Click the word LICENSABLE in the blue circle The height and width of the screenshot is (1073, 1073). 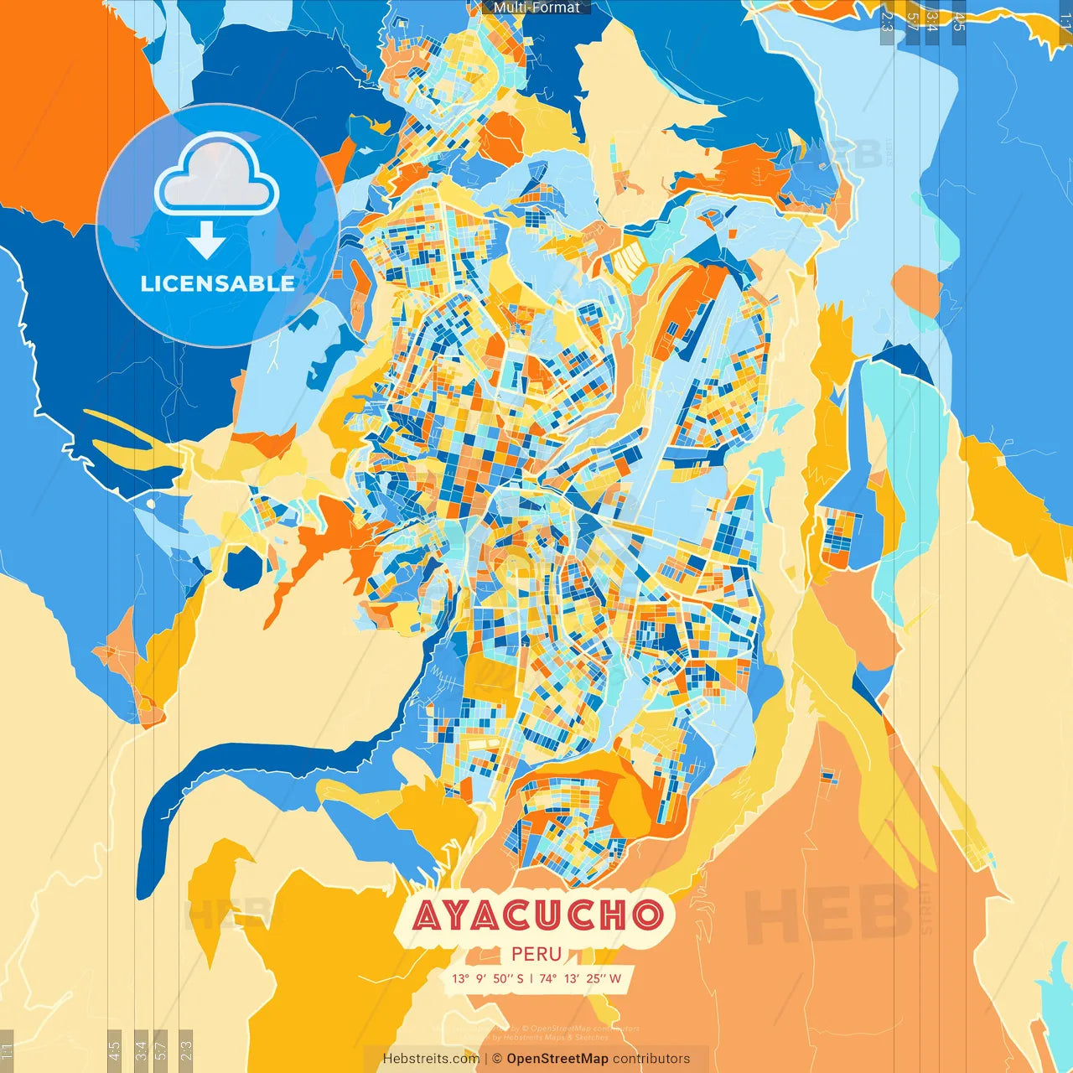tap(217, 283)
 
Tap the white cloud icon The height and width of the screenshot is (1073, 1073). tap(217, 175)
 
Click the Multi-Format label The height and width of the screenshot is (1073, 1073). tap(536, 8)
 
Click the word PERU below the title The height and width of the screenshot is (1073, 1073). tap(536, 954)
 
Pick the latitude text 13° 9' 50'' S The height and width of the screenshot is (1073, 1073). tap(487, 978)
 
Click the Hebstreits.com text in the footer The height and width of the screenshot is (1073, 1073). tap(431, 1059)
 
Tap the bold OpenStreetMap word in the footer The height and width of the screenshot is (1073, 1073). tap(557, 1059)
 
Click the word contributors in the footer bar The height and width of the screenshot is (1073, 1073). tap(651, 1059)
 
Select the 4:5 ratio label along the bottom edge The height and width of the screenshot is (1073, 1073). tap(114, 1050)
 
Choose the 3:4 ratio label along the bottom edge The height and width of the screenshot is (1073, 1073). tap(141, 1050)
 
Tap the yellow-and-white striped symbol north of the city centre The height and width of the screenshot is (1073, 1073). tap(630, 259)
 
